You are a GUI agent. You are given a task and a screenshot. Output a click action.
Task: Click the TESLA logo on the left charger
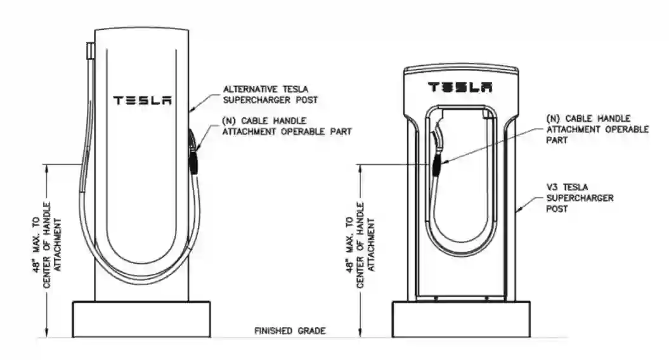pyautogui.click(x=142, y=100)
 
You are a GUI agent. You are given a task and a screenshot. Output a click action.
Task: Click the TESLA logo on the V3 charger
pyautogui.click(x=460, y=87)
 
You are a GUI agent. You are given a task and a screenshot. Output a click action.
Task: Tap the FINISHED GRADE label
pyautogui.click(x=290, y=331)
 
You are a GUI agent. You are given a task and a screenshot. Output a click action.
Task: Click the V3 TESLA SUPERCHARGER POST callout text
pyautogui.click(x=571, y=198)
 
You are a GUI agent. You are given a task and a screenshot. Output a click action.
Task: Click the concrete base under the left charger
pyautogui.click(x=141, y=319)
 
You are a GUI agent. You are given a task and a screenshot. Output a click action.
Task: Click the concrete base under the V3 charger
pyautogui.click(x=461, y=319)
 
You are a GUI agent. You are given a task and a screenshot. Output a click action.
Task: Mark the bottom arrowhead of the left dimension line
pyautogui.click(x=47, y=335)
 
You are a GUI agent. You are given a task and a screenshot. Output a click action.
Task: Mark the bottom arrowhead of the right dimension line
pyautogui.click(x=360, y=335)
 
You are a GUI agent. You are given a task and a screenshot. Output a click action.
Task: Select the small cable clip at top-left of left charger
pyautogui.click(x=91, y=49)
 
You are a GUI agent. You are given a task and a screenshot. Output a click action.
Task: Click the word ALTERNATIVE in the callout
pyautogui.click(x=249, y=89)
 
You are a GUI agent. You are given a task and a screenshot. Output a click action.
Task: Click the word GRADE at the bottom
pyautogui.click(x=313, y=331)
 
